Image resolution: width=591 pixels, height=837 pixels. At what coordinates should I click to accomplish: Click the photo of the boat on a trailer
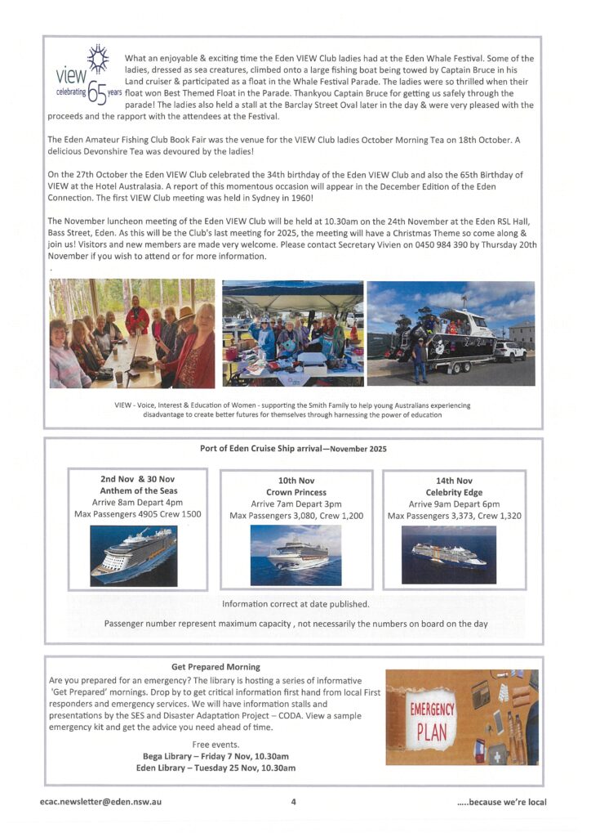coord(451,333)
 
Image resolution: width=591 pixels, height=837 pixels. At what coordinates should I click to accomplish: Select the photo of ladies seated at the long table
coord(132,333)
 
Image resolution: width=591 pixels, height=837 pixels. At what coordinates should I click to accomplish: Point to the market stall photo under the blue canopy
coord(292,333)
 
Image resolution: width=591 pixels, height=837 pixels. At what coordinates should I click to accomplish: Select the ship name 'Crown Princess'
coord(296,492)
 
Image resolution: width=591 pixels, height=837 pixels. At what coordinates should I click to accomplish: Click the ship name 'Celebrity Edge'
coord(454,492)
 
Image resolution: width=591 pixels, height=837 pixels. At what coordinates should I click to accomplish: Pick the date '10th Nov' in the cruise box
coord(296,481)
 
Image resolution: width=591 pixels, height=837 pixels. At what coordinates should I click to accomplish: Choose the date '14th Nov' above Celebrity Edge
coord(454,481)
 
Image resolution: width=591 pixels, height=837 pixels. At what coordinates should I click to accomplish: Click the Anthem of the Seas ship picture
coord(133,556)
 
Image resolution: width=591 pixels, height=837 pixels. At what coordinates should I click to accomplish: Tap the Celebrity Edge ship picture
coord(448,554)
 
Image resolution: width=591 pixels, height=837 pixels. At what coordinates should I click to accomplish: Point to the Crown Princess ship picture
coord(295,555)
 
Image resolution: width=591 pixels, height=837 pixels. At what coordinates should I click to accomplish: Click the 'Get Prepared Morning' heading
coord(216,667)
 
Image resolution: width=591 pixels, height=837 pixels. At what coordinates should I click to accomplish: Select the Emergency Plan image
coord(461,717)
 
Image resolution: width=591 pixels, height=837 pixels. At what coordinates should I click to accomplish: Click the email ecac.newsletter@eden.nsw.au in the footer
coord(100,802)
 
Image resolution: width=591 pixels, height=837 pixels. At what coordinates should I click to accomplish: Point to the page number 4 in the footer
coord(293,802)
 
